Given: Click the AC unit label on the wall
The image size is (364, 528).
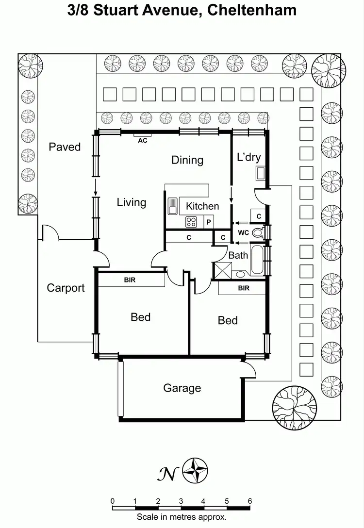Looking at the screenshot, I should coord(143,140).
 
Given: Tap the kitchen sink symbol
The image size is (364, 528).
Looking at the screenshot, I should coord(172,206).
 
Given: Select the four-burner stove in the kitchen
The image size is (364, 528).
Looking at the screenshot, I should coord(191,222).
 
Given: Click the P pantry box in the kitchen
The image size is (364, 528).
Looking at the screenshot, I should coord(209,222).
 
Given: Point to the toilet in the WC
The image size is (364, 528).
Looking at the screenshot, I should coord(258,233).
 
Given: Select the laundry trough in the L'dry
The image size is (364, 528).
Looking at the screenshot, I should coord(260,173).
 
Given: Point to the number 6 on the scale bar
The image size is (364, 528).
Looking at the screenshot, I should coord(249,501).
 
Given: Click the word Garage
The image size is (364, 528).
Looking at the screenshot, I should coord(182,388).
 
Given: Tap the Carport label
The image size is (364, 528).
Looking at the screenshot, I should coord(66,288).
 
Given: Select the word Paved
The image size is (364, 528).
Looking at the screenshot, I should coord(65,147).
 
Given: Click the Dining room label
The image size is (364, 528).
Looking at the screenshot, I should coord(187,160).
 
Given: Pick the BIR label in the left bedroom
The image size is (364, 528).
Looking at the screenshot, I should coord(130,280).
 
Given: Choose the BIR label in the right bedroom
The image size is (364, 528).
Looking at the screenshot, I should coord(244,288).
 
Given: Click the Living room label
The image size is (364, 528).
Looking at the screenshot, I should coord(132,202).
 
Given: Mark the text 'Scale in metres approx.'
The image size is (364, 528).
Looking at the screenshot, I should coord(182,517).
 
